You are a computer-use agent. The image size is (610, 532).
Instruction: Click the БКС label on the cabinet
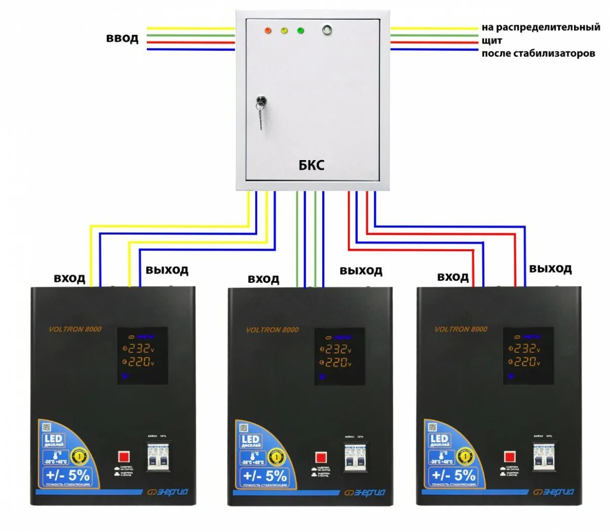(311, 165)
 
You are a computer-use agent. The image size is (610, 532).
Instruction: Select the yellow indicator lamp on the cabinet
(284, 31)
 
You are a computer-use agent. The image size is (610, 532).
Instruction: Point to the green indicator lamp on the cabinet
(300, 31)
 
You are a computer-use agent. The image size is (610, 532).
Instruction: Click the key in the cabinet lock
(261, 109)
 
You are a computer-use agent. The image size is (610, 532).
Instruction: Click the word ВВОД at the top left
(122, 39)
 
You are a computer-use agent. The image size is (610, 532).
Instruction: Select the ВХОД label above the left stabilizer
(69, 278)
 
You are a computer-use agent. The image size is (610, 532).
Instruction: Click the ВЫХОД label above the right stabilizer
(550, 269)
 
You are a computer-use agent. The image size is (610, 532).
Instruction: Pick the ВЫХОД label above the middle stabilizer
(361, 271)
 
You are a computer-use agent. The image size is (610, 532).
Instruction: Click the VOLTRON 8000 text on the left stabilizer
(75, 329)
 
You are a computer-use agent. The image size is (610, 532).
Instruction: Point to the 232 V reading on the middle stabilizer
(335, 350)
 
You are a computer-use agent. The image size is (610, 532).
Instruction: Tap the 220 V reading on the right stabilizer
(524, 361)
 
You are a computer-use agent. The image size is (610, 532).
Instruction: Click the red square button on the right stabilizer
(510, 457)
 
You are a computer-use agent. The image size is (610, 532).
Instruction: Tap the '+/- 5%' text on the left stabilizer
(68, 475)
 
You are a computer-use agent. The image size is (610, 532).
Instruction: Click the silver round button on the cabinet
(327, 30)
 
